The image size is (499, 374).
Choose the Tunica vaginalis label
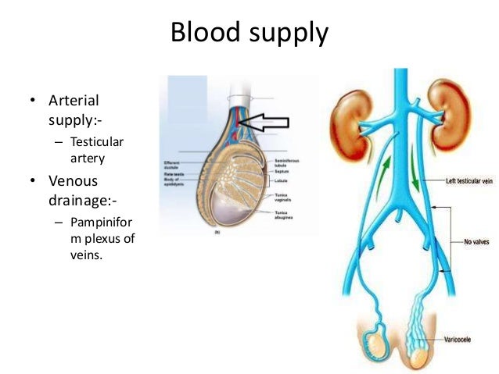284,196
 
